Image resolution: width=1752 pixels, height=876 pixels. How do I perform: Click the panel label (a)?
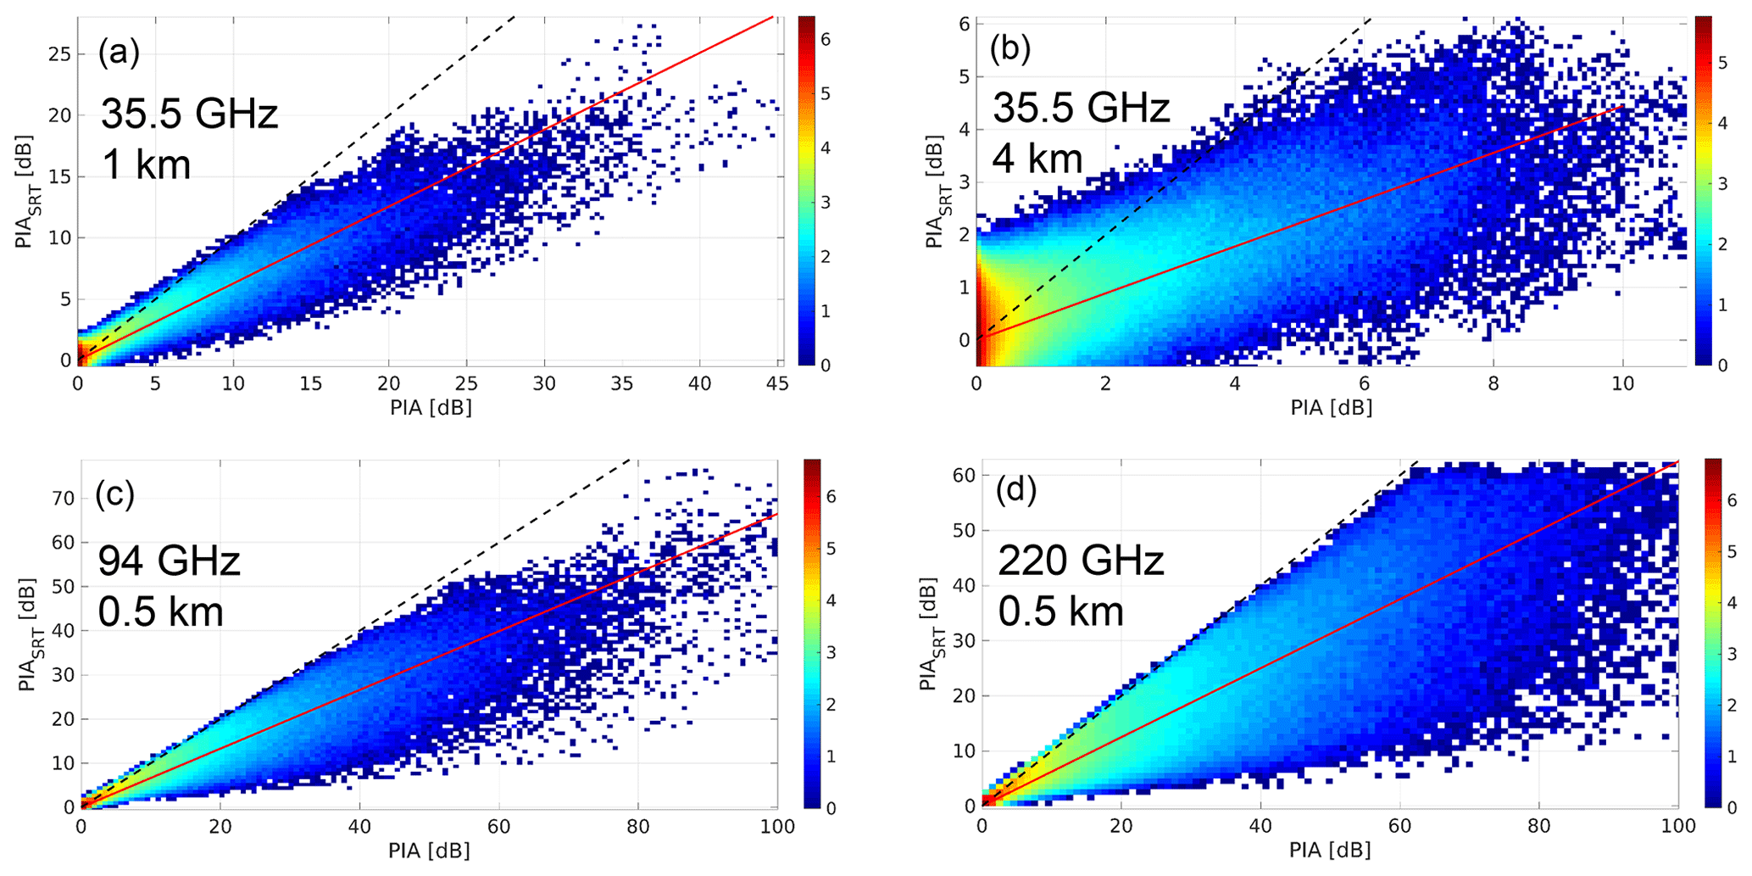(x=118, y=53)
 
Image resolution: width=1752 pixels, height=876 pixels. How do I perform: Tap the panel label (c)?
(x=114, y=494)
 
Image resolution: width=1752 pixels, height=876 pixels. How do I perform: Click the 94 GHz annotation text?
(x=169, y=561)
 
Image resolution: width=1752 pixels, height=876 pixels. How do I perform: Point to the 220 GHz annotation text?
(x=1080, y=561)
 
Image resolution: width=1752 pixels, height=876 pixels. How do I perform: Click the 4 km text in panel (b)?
(x=1037, y=159)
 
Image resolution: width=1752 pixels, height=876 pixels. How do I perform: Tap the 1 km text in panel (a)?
(x=146, y=164)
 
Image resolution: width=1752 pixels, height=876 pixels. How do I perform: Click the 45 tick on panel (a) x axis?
(x=777, y=384)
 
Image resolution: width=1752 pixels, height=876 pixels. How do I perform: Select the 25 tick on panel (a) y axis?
(x=62, y=54)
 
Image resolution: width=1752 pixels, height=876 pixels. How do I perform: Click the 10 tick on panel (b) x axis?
(x=1622, y=384)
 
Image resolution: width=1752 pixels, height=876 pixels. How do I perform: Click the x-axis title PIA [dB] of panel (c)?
(x=429, y=851)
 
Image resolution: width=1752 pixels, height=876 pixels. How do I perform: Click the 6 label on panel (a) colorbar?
(x=826, y=39)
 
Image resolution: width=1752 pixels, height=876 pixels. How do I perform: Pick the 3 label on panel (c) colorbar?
(x=831, y=652)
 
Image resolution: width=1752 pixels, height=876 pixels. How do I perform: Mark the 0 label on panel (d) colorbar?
(x=1731, y=806)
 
